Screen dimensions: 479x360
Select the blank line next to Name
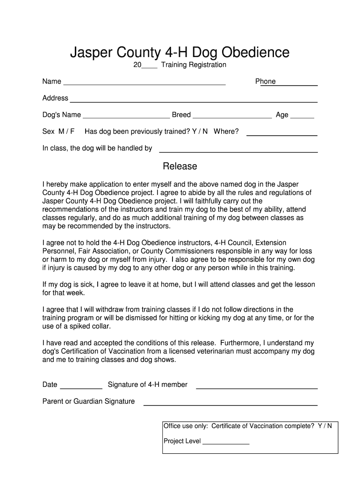pyautogui.click(x=144, y=85)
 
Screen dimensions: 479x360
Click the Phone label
pyautogui.click(x=265, y=81)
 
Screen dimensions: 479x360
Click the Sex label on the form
pyautogui.click(x=48, y=131)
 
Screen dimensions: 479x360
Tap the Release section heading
pyautogui.click(x=180, y=166)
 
